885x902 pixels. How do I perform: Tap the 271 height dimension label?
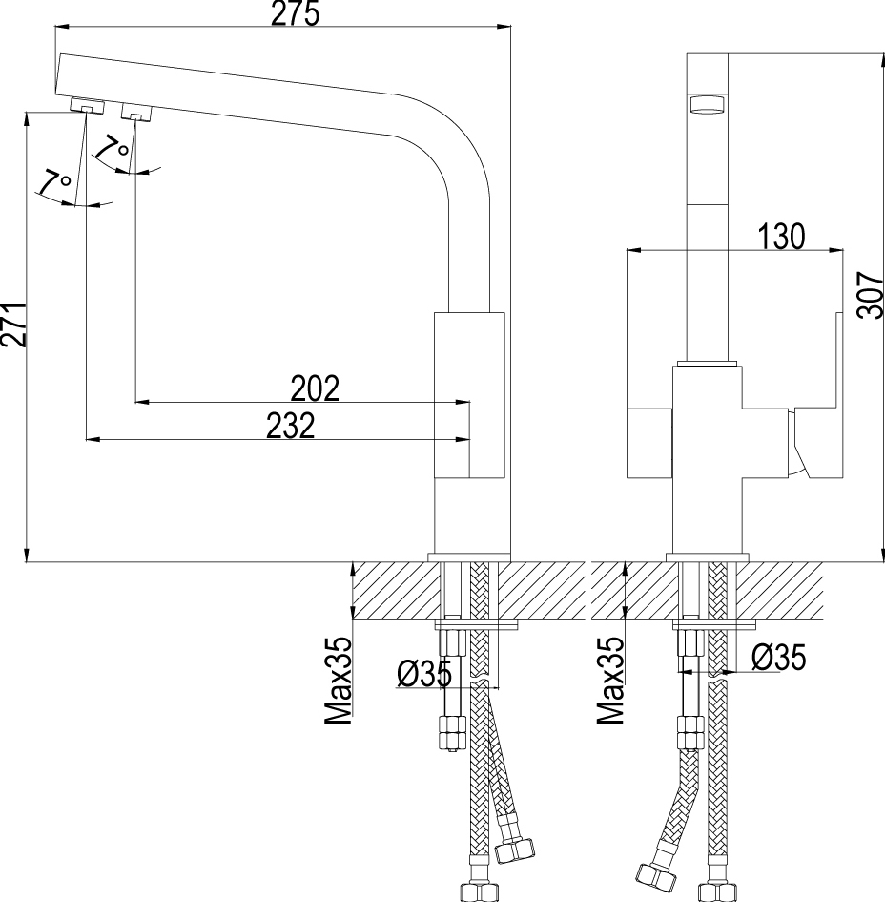coord(13,325)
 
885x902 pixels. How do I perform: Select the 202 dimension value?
coord(315,388)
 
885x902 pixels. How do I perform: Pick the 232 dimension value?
coord(292,427)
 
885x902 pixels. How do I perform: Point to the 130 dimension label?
coord(781,237)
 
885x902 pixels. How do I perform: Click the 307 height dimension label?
coord(871,295)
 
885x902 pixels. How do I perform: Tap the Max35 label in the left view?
coord(339,680)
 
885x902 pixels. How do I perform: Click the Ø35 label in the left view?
coord(424,674)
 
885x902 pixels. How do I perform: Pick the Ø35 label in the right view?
coord(779,657)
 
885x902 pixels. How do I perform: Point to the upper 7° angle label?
coord(112,148)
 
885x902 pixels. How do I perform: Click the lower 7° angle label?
coord(54,182)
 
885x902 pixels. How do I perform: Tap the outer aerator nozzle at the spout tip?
coord(87,105)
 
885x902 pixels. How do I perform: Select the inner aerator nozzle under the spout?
coord(135,113)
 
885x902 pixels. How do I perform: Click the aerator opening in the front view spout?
coord(708,106)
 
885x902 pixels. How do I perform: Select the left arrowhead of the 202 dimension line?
coord(141,402)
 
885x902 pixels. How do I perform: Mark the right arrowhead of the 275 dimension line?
coord(504,27)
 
